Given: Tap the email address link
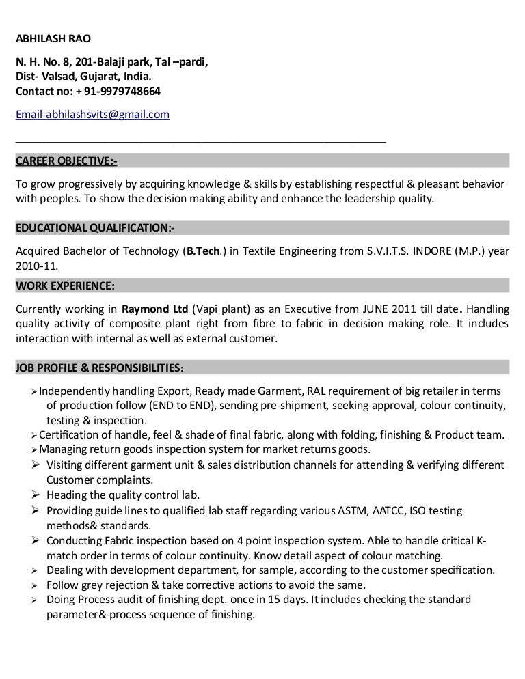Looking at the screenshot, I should tap(92, 115).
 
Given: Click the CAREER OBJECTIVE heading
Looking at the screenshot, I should tap(66, 161).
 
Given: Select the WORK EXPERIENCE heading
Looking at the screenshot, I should tap(64, 285).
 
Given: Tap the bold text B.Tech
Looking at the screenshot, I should tap(201, 251).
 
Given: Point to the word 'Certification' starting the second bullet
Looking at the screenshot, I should tap(71, 435).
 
